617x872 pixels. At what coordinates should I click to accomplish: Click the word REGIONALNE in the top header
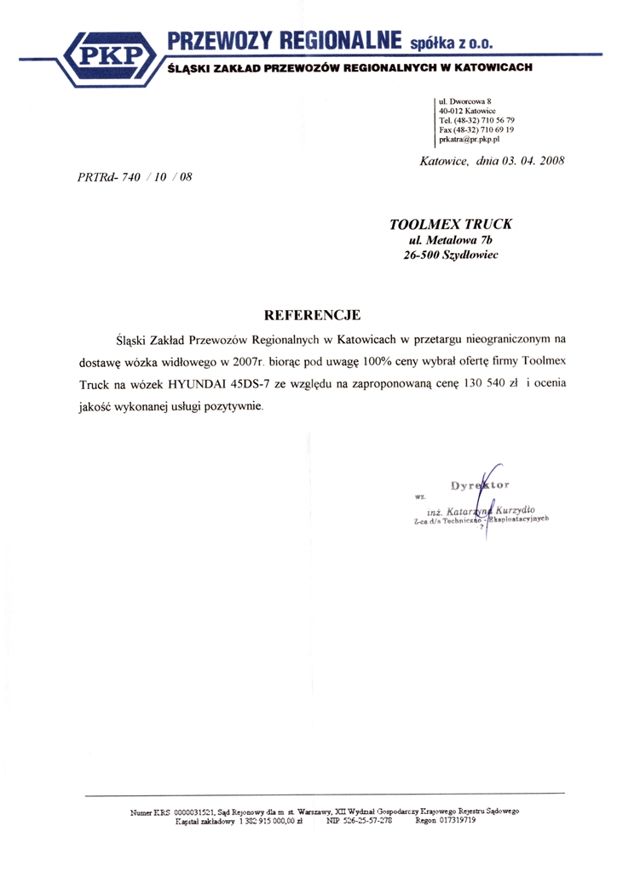340,39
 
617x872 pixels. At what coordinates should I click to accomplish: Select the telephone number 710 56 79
495,120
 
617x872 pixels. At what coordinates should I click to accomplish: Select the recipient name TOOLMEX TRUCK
453,225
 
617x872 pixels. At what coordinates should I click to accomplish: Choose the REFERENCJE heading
314,315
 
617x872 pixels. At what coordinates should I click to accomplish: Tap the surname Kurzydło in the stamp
510,509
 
